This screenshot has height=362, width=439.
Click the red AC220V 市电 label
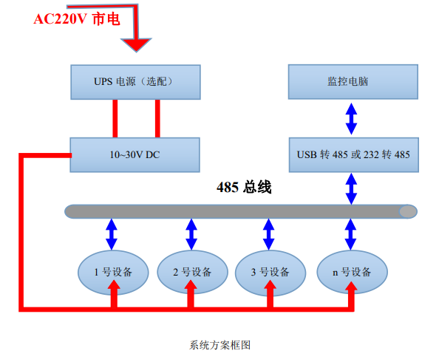point(77,19)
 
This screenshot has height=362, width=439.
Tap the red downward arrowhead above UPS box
point(136,45)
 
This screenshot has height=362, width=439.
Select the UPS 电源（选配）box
point(135,82)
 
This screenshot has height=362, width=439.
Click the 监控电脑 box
point(353,82)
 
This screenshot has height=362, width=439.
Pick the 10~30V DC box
point(135,155)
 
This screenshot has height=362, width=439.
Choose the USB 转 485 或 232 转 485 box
point(354,155)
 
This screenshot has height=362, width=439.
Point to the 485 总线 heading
point(244,187)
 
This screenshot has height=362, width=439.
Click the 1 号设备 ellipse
point(113,272)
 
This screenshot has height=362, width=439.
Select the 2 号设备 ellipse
point(192,272)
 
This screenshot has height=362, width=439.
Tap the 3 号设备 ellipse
point(270,272)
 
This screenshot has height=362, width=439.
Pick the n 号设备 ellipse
point(352,272)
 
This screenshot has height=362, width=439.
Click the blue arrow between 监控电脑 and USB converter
point(351,119)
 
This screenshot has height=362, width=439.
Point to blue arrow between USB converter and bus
point(351,188)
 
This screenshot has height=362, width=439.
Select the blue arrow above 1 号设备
point(112,234)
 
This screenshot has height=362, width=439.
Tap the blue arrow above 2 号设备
point(191,234)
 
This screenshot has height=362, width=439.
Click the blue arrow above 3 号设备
point(269,234)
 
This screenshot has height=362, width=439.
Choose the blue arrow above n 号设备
point(350,234)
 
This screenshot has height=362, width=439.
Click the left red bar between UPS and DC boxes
point(115,119)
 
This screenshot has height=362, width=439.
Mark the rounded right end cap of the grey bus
point(408,211)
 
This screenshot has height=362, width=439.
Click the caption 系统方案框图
point(219,345)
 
